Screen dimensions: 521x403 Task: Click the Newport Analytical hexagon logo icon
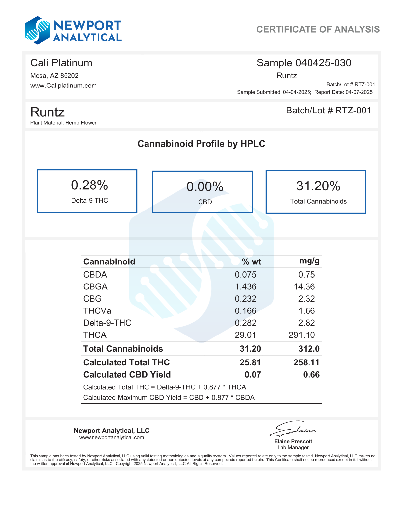click(x=38, y=31)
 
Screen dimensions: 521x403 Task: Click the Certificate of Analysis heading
click(x=318, y=29)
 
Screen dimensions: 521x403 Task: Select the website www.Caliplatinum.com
click(x=64, y=86)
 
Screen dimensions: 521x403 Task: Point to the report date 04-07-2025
click(x=359, y=92)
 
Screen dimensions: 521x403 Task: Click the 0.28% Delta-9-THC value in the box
click(x=90, y=186)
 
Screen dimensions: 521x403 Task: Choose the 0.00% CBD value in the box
click(x=205, y=187)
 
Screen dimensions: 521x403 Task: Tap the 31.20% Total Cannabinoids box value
click(x=318, y=186)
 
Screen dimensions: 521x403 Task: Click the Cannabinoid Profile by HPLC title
click(x=201, y=144)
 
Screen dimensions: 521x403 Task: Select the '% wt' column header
click(x=251, y=262)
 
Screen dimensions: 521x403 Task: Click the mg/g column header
click(x=309, y=261)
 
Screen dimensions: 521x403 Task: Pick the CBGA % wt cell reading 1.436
click(x=246, y=287)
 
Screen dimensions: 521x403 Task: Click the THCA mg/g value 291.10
click(x=302, y=335)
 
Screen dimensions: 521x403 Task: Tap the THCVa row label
click(x=97, y=311)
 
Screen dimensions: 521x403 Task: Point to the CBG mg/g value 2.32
click(x=307, y=299)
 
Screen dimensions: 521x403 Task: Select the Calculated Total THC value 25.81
click(x=250, y=362)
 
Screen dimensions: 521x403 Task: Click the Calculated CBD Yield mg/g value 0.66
click(x=311, y=375)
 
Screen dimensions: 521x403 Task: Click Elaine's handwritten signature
click(x=292, y=429)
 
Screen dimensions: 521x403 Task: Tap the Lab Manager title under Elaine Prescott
click(x=293, y=447)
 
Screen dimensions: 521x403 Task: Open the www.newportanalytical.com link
click(x=112, y=437)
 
